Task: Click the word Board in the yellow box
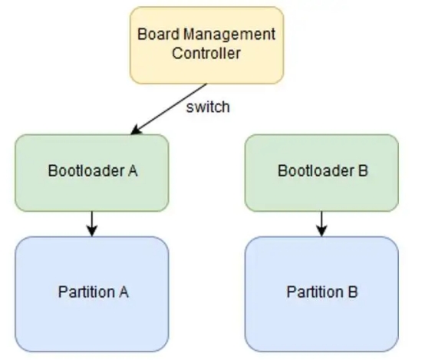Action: click(159, 35)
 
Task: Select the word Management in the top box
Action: click(229, 35)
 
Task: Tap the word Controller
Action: click(206, 53)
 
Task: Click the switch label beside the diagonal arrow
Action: click(208, 107)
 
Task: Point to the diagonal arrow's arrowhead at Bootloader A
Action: click(135, 130)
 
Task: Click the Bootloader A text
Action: click(93, 170)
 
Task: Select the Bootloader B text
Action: click(323, 170)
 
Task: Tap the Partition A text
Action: click(94, 292)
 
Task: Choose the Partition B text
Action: click(322, 292)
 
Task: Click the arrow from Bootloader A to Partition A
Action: click(92, 224)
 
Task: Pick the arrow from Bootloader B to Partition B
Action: click(321, 224)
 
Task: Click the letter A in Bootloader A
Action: click(132, 171)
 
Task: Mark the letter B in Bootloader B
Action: click(363, 171)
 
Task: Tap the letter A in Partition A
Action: click(123, 292)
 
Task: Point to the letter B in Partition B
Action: click(353, 292)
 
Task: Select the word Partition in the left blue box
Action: click(87, 292)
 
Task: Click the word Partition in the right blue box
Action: click(315, 292)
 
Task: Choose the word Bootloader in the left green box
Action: click(86, 170)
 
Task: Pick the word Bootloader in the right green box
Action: click(316, 170)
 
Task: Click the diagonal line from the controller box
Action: click(169, 109)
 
